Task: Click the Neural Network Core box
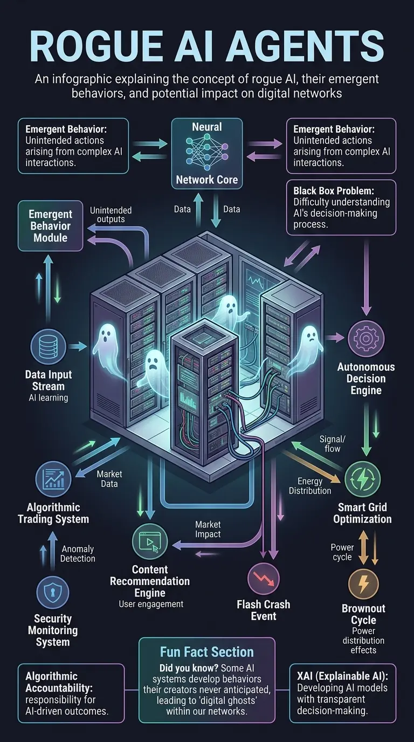(x=206, y=153)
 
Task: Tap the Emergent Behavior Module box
(x=50, y=225)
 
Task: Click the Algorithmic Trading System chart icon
(x=53, y=479)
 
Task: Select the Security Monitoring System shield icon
(x=52, y=592)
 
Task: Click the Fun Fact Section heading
(x=206, y=652)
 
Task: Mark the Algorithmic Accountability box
(x=71, y=693)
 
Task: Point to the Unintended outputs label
(x=111, y=215)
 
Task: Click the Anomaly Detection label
(x=78, y=554)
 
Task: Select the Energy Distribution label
(x=310, y=485)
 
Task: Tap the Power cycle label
(x=342, y=552)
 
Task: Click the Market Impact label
(x=208, y=529)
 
